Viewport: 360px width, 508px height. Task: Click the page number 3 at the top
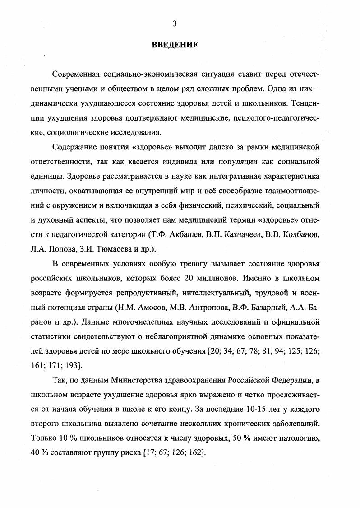pos(175,23)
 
